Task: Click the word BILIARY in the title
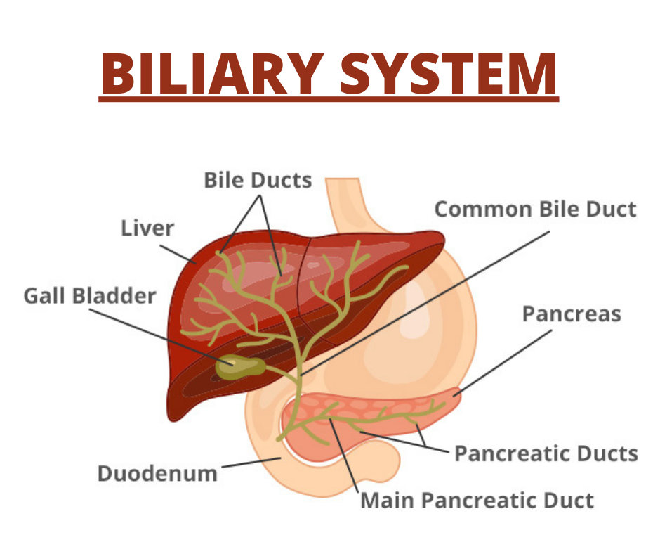(212, 73)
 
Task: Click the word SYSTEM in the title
(448, 73)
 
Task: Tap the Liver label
(147, 228)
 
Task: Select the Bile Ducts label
(258, 180)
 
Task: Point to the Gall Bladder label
(90, 295)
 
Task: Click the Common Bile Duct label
(535, 209)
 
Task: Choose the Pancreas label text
(572, 314)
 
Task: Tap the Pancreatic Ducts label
(546, 453)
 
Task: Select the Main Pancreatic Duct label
(477, 501)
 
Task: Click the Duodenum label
(157, 473)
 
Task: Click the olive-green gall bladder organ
(240, 367)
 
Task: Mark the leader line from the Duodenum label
(251, 463)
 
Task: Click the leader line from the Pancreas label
(502, 363)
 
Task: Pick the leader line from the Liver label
(178, 254)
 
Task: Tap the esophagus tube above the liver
(346, 202)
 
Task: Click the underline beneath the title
(329, 99)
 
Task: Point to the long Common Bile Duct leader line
(425, 303)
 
